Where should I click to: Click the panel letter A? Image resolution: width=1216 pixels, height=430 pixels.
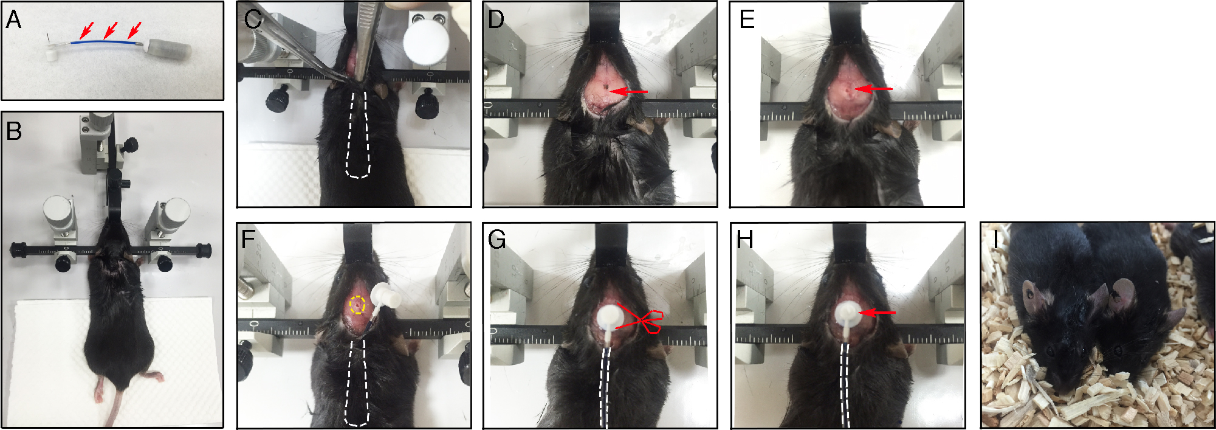13,20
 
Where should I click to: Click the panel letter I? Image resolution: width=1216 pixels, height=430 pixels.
996,240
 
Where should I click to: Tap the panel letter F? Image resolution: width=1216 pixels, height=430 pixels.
248,240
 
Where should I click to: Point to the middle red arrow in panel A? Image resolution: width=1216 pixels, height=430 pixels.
110,29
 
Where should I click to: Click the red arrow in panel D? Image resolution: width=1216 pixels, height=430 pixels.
628,92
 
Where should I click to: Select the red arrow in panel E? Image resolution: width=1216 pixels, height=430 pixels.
873,89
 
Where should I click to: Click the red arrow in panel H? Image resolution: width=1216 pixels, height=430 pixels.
876,313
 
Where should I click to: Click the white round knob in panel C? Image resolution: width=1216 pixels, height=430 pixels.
427,41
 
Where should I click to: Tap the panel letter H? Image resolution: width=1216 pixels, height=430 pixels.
745,240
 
